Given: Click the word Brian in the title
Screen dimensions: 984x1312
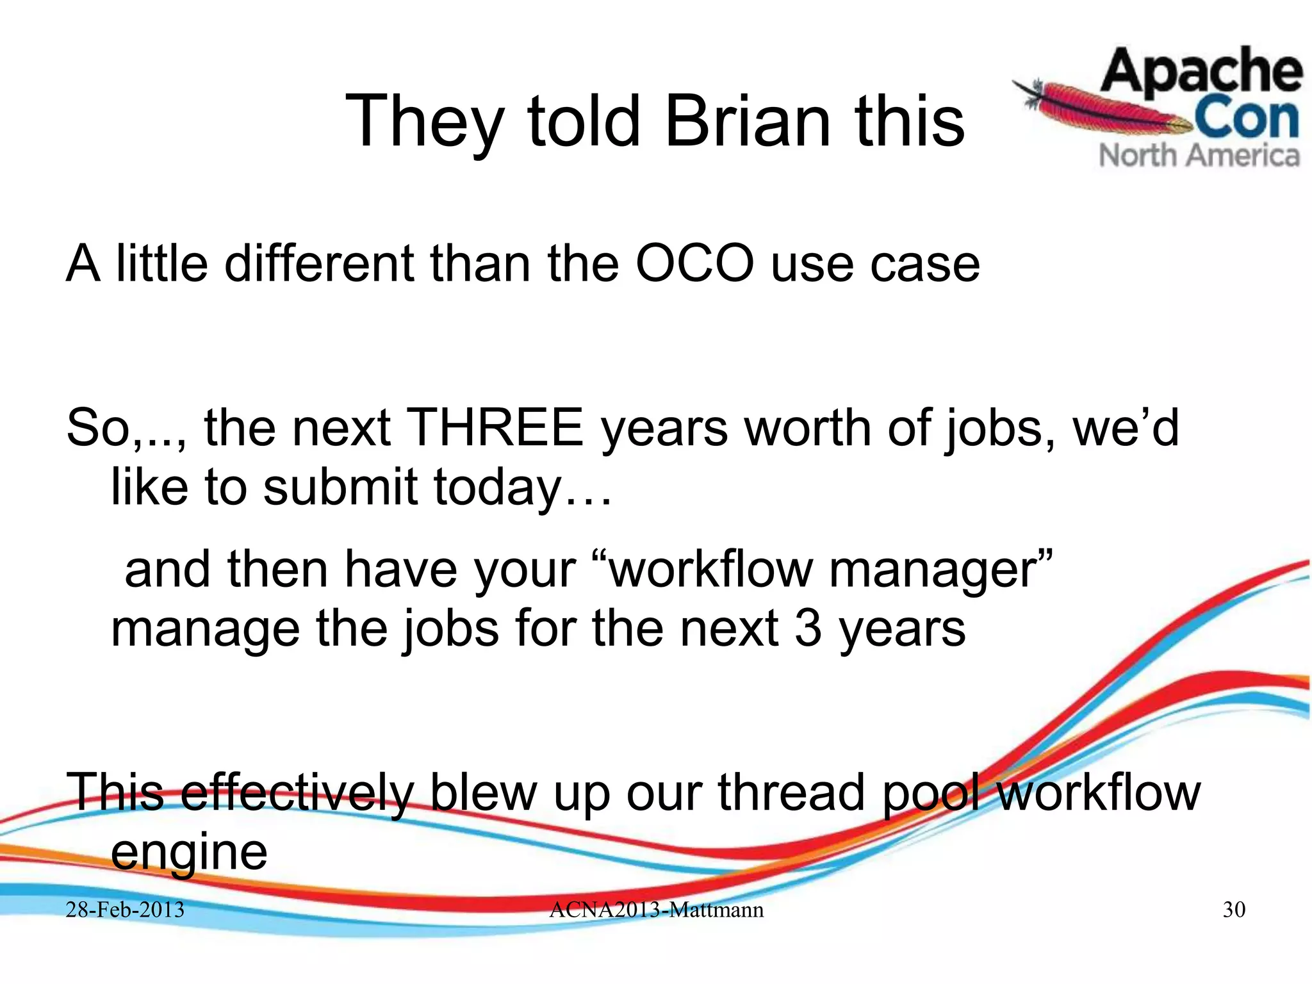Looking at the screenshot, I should point(748,120).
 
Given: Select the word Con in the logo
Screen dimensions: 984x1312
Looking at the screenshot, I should point(1246,119).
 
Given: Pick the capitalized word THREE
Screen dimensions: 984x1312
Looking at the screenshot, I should point(495,428).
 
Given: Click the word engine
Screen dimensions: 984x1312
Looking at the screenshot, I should point(189,853).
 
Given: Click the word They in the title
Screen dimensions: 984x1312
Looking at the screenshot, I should point(422,122).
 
